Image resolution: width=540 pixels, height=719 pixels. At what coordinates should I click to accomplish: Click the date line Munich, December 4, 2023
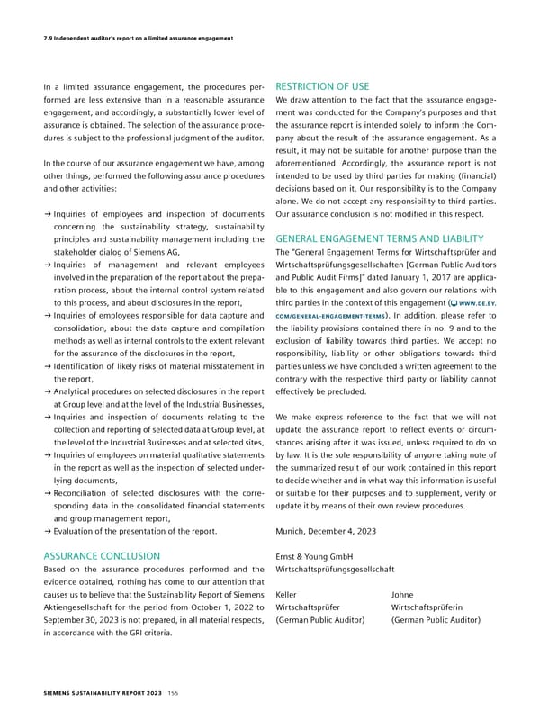326,532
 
